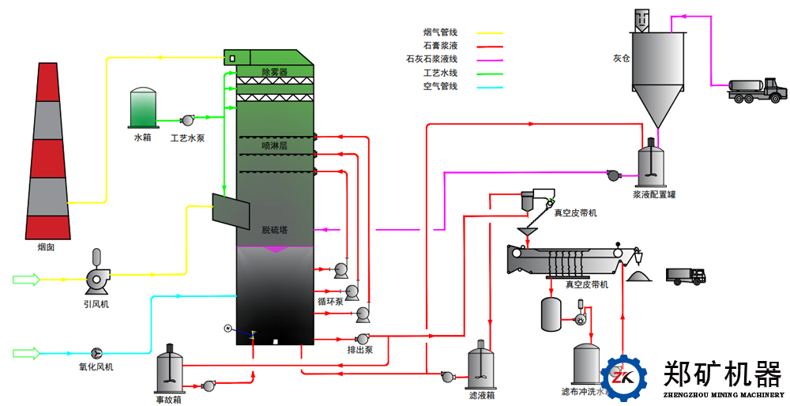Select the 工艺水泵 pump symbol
click(188, 120)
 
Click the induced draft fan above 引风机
click(97, 276)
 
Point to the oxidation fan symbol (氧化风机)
click(96, 352)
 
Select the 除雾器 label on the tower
click(274, 72)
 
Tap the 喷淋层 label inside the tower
click(274, 146)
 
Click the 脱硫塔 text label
click(274, 230)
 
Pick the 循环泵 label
click(329, 301)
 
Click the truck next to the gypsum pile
click(686, 276)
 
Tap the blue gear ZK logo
click(624, 379)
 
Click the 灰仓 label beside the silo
click(621, 58)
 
